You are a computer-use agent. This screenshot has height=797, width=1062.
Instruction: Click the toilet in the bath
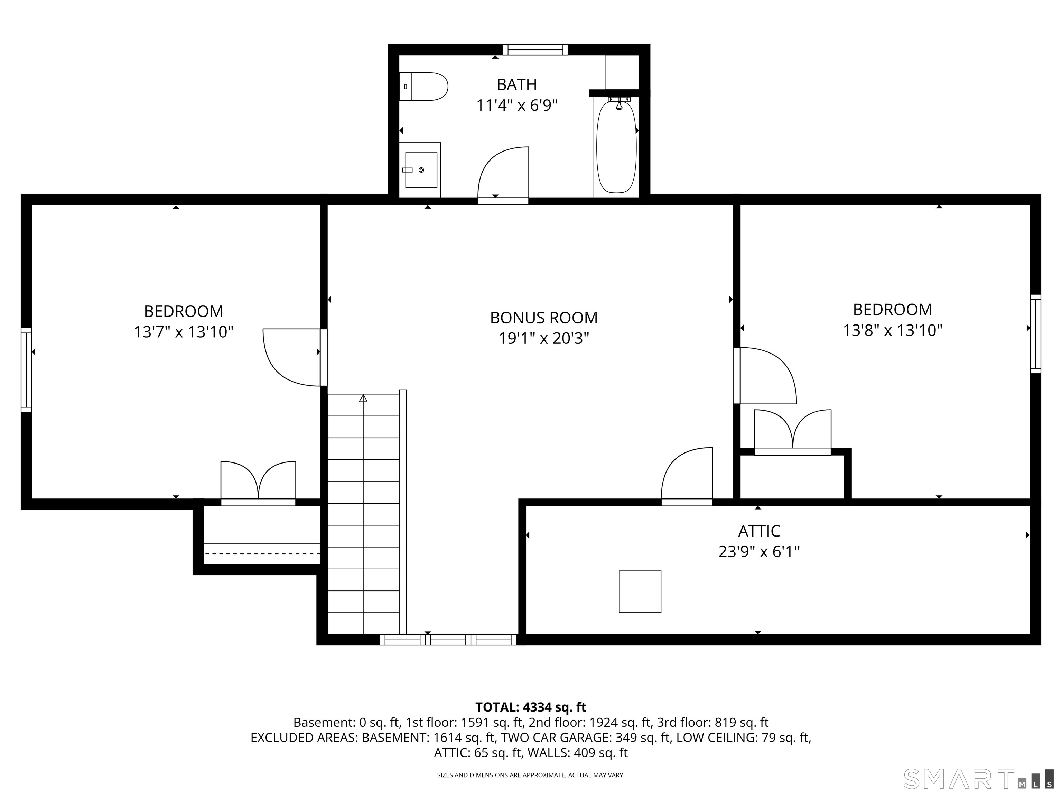[x=423, y=86]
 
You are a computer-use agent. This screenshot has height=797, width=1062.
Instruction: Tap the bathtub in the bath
[x=616, y=147]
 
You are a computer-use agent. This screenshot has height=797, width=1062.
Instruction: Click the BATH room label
[x=516, y=84]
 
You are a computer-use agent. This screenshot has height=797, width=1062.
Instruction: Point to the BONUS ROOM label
[x=543, y=318]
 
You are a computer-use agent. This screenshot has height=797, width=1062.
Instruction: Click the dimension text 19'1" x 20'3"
[x=543, y=339]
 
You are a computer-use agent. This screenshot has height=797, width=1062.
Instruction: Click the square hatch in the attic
[x=640, y=592]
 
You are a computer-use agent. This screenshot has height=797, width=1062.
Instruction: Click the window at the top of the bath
[x=535, y=49]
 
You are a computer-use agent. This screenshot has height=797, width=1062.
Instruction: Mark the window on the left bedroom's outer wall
[x=26, y=370]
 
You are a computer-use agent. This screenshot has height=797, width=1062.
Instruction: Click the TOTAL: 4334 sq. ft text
[x=531, y=707]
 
